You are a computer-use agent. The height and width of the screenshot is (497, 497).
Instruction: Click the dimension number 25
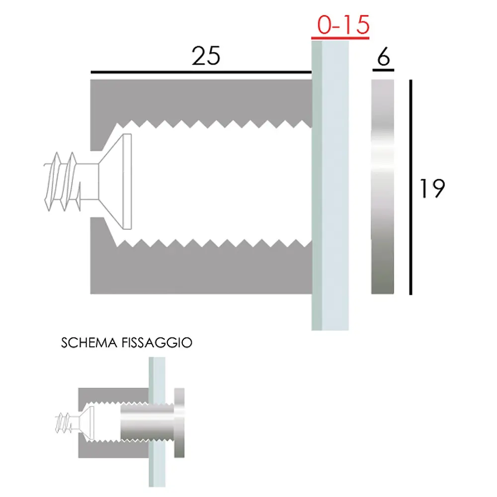pos(206,57)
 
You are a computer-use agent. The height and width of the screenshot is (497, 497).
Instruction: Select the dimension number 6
pos(383,59)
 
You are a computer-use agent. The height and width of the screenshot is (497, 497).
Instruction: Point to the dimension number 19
pos(431,188)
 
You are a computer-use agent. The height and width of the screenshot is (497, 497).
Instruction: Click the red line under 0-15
pos(341,38)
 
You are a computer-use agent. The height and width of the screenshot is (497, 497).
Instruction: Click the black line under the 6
pos(383,70)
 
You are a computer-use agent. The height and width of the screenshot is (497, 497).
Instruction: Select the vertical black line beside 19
pos(411,187)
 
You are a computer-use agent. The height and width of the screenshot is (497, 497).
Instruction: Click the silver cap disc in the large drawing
pos(383,186)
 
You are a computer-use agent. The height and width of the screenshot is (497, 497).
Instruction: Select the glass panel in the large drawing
pos(330,186)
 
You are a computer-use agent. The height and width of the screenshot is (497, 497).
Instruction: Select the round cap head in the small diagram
pos(179,423)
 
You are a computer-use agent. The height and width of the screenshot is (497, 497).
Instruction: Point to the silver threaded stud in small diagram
pos(144,422)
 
